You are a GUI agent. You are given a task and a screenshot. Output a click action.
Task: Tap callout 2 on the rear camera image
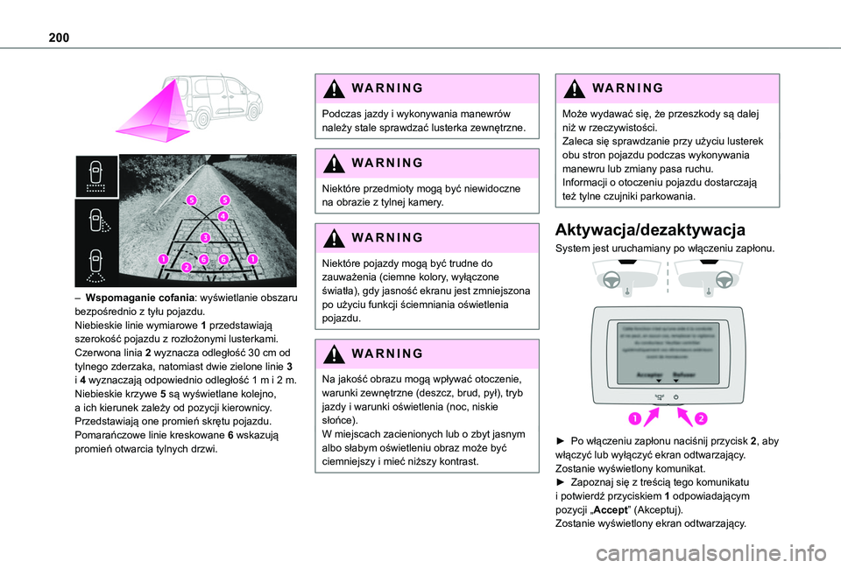pyautogui.click(x=186, y=266)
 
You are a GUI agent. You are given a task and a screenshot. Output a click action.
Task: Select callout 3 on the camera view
pyautogui.click(x=204, y=237)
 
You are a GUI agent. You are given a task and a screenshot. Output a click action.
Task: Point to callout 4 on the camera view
pyautogui.click(x=223, y=215)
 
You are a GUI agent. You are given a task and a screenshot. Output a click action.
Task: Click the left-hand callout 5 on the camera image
pyautogui.click(x=190, y=200)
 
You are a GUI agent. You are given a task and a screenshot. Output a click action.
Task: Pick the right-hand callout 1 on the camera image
pyautogui.click(x=252, y=259)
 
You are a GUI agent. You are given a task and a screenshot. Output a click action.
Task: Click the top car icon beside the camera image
pyautogui.click(x=95, y=179)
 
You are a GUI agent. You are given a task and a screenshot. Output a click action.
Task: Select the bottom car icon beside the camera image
pyautogui.click(x=95, y=265)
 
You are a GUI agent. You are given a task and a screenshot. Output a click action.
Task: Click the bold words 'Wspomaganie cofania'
pyautogui.click(x=134, y=298)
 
